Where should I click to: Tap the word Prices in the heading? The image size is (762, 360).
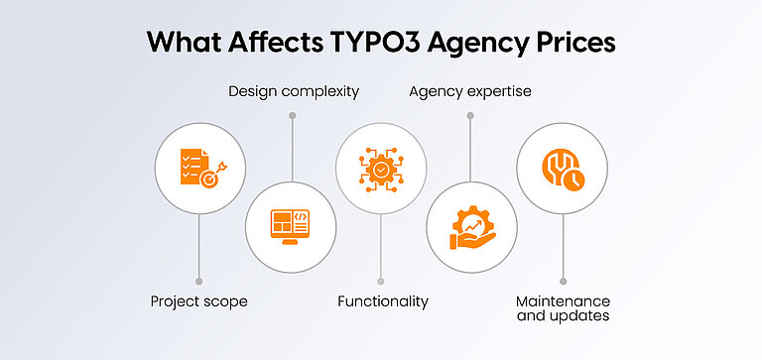tap(571, 43)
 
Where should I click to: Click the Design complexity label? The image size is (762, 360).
tap(293, 92)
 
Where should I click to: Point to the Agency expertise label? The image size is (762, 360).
tap(470, 92)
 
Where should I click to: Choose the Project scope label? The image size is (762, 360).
tap(199, 300)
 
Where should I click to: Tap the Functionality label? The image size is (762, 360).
tap(382, 300)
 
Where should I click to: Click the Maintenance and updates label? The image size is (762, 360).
tap(563, 307)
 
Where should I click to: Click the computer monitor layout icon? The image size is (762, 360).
tap(292, 226)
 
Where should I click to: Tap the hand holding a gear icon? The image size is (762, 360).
tap(471, 226)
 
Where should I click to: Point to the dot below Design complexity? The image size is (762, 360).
tap(292, 116)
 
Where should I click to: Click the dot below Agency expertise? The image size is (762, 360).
tap(470, 116)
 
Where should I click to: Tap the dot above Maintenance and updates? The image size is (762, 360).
tap(563, 281)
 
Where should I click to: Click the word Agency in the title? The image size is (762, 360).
tap(464, 45)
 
